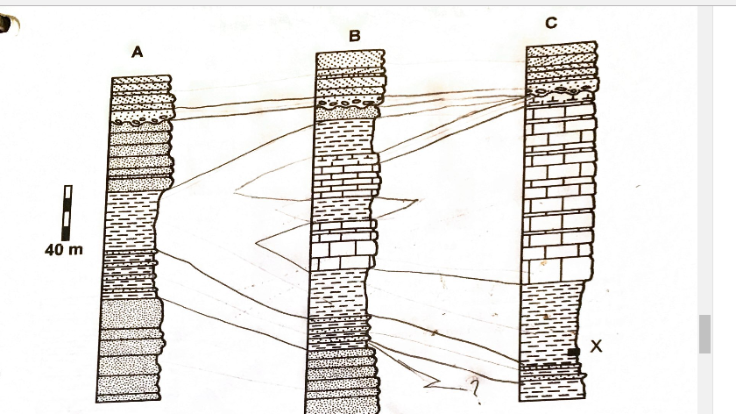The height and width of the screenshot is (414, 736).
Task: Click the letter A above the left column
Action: tap(137, 54)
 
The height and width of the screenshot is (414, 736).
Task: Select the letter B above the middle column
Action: tap(354, 36)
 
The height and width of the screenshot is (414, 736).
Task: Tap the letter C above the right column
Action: tap(550, 24)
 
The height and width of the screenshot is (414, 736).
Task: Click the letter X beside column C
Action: tap(596, 346)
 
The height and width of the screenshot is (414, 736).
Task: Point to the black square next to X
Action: tap(574, 352)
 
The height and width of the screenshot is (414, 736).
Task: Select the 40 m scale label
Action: tap(64, 250)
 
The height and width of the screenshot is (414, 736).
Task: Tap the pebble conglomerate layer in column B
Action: tap(349, 106)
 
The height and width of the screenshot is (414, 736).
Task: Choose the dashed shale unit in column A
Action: tap(131, 219)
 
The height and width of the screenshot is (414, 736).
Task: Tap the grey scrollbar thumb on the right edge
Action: tap(704, 333)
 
